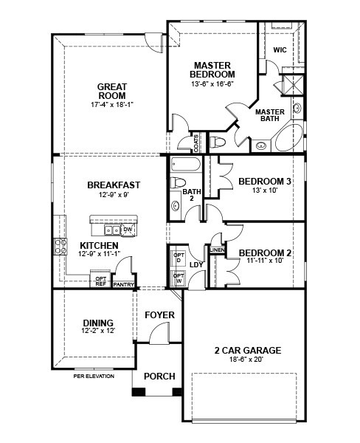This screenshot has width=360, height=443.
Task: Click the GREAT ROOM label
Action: pyautogui.click(x=112, y=92)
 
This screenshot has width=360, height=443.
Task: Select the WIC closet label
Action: pyautogui.click(x=280, y=50)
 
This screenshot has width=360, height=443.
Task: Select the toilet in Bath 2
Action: pyautogui.click(x=178, y=182)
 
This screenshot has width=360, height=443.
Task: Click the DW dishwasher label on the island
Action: pyautogui.click(x=128, y=230)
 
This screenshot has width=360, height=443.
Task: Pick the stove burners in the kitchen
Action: pyautogui.click(x=58, y=247)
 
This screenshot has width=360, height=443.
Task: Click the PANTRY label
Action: pyautogui.click(x=123, y=283)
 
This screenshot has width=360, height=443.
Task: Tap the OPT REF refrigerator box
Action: pyautogui.click(x=101, y=281)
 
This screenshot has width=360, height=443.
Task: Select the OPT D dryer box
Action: pyautogui.click(x=178, y=259)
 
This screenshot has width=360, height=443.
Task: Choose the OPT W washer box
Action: pyautogui.click(x=178, y=278)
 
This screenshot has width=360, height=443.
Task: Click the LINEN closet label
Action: pyautogui.click(x=217, y=250)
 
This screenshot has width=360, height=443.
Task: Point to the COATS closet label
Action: pyautogui.click(x=195, y=142)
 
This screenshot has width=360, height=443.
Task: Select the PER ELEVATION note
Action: pyautogui.click(x=94, y=377)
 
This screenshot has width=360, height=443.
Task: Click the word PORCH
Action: pyautogui.click(x=159, y=377)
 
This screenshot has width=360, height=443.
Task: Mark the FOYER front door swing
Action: pyautogui.click(x=158, y=337)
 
